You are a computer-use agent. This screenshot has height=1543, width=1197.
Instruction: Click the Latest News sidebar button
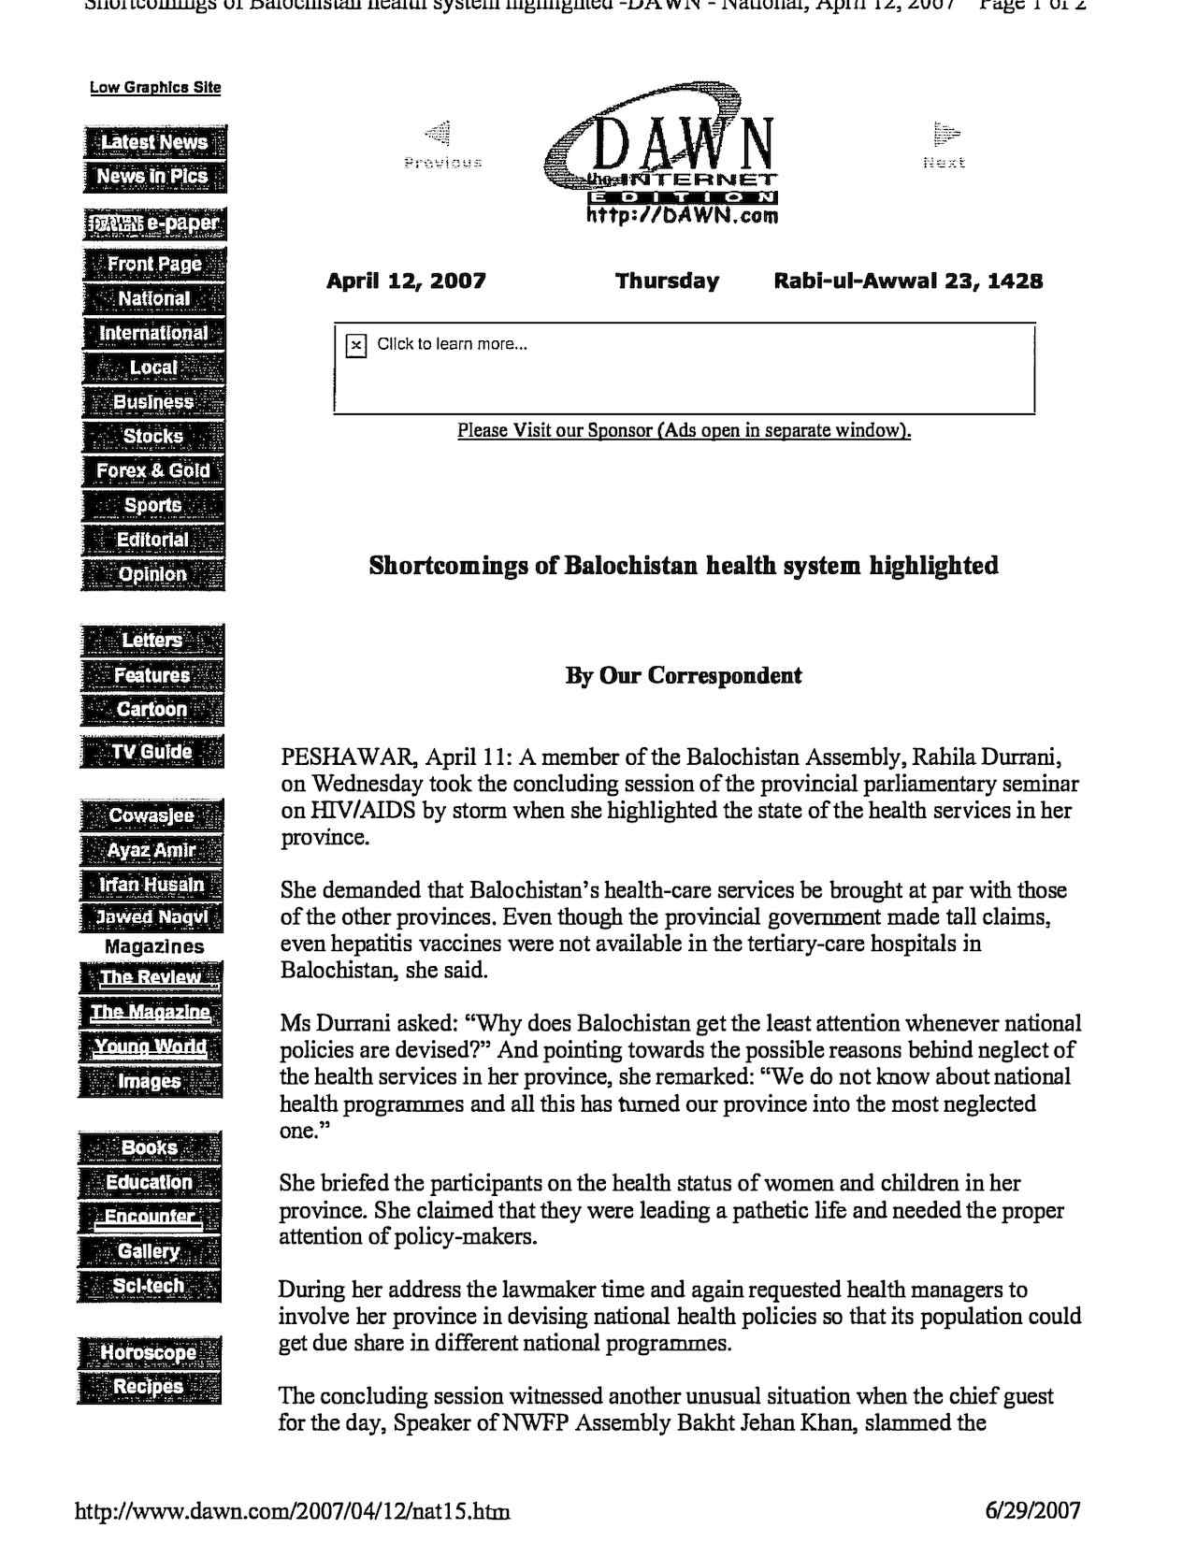(154, 142)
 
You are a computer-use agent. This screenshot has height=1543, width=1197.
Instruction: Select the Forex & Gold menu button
(153, 470)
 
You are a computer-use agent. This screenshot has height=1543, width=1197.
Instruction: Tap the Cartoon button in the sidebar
(152, 709)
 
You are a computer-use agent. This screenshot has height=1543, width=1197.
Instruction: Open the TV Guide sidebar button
(152, 752)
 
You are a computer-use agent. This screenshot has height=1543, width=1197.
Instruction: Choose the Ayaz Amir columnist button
(151, 850)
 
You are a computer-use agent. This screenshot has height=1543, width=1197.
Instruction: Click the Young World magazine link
(151, 1046)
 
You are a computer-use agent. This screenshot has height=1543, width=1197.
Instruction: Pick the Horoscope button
(150, 1352)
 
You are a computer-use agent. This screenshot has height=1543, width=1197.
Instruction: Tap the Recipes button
(149, 1387)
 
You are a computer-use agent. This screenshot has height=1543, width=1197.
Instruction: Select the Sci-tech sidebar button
(150, 1286)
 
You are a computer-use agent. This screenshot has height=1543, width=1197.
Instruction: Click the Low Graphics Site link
(155, 88)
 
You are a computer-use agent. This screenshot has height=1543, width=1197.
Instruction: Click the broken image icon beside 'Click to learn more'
(356, 346)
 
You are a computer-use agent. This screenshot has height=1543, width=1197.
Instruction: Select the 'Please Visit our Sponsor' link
(684, 431)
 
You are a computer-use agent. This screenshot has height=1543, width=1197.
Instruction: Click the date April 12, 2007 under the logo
(406, 281)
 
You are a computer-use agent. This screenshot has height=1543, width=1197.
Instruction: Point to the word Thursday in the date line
(667, 281)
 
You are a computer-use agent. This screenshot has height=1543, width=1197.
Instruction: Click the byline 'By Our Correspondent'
(684, 676)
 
